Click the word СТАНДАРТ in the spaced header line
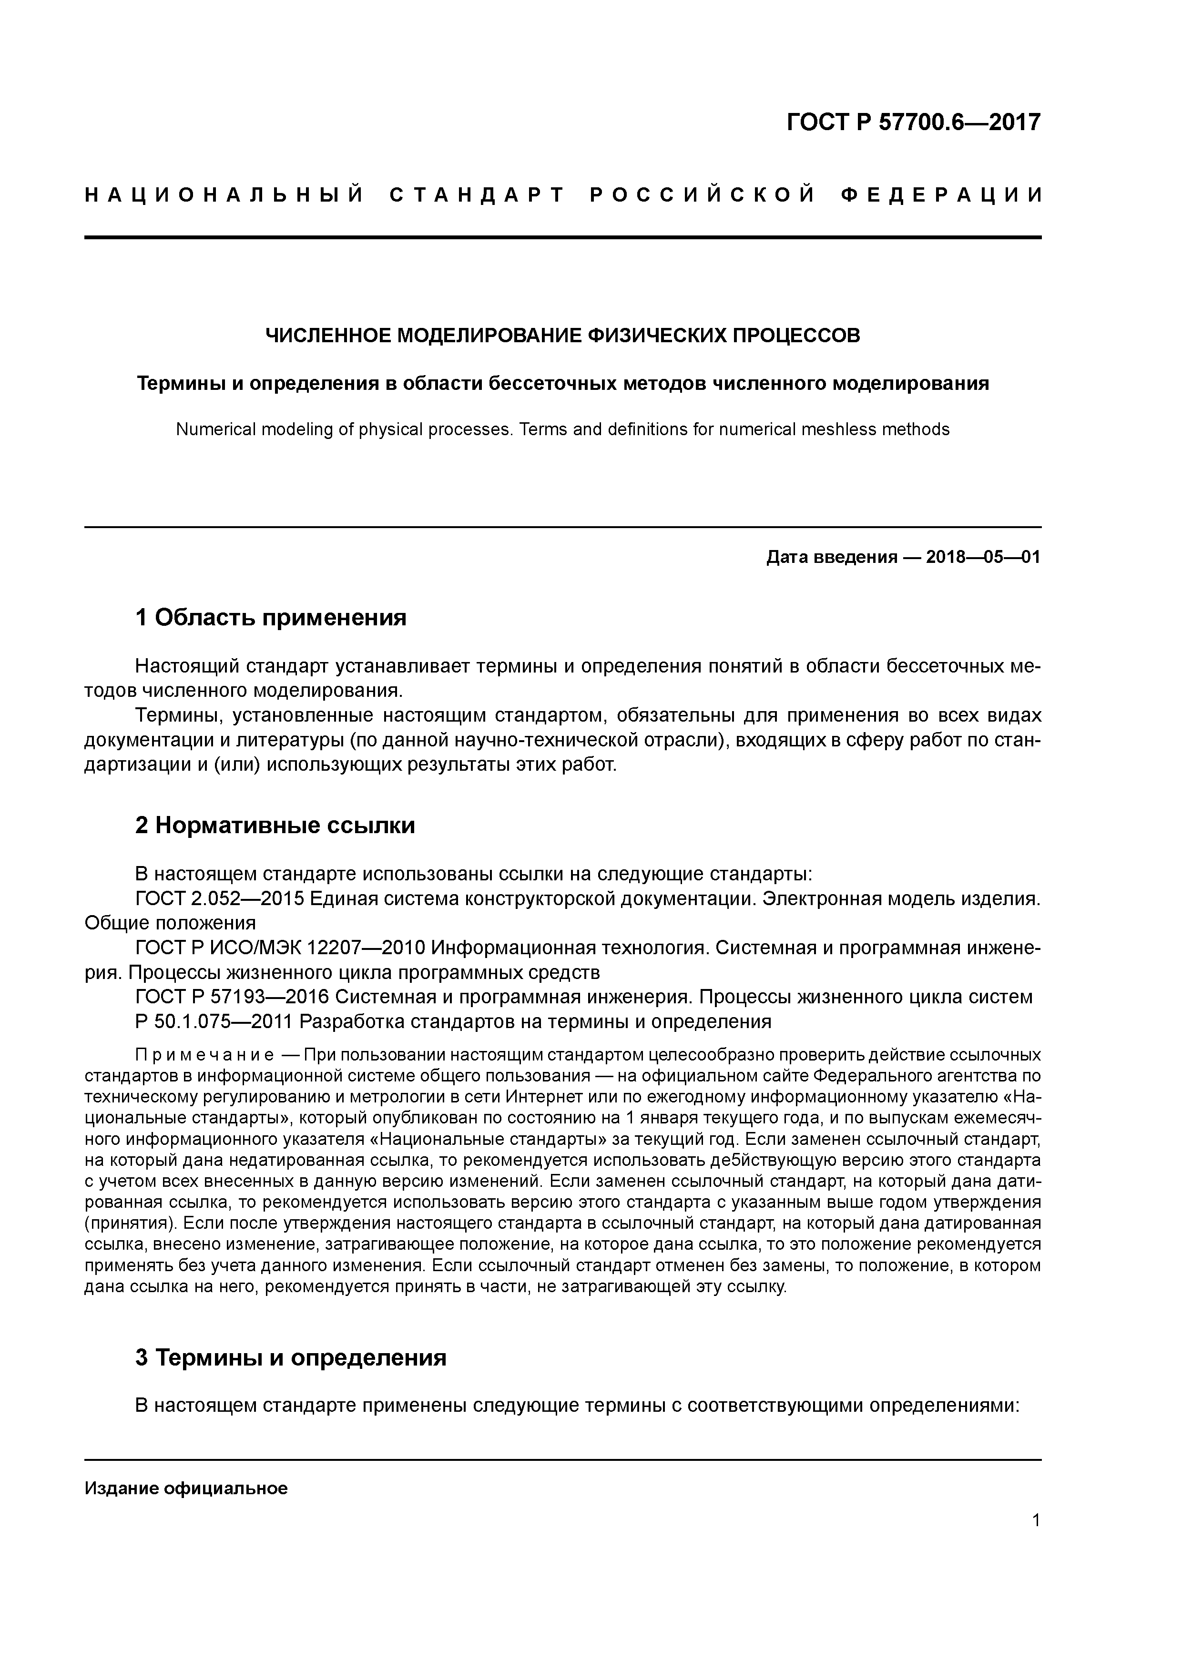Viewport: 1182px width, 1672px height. point(477,195)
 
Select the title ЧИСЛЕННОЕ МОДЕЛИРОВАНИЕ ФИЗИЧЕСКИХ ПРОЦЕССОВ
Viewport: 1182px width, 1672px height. point(562,336)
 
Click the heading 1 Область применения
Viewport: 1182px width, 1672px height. point(271,618)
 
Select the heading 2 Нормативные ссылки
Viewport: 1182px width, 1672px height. point(275,826)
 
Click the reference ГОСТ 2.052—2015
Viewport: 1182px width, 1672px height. point(219,899)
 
